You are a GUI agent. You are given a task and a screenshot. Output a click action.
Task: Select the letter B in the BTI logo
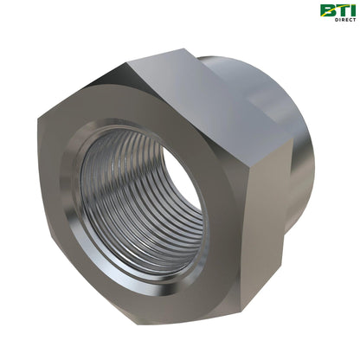coord(327,10)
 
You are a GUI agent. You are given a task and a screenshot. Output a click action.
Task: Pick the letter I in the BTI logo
coord(351,10)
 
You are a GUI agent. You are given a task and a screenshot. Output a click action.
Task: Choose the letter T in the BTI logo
coord(340,10)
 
